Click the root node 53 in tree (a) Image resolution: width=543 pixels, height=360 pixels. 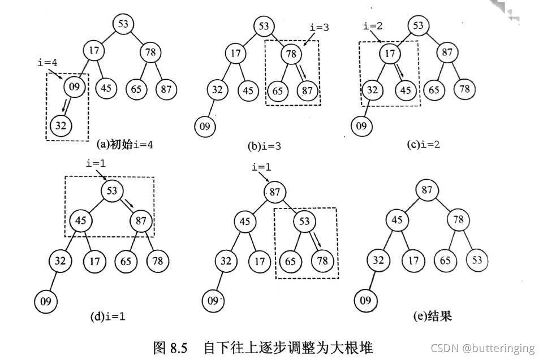coord(123,24)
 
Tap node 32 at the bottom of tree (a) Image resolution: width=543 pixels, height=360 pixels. coord(61,125)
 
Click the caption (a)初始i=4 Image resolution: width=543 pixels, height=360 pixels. coord(125,145)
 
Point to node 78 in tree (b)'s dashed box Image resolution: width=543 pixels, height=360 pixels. coord(292,54)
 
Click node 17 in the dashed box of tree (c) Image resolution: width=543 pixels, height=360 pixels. coord(389,54)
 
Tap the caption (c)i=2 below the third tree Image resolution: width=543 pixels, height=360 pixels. coord(423,145)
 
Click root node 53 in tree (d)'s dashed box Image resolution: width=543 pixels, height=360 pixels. coord(111,191)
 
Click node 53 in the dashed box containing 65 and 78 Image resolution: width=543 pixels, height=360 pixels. coord(304,220)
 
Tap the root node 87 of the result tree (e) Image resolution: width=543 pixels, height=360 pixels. coord(426,191)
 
